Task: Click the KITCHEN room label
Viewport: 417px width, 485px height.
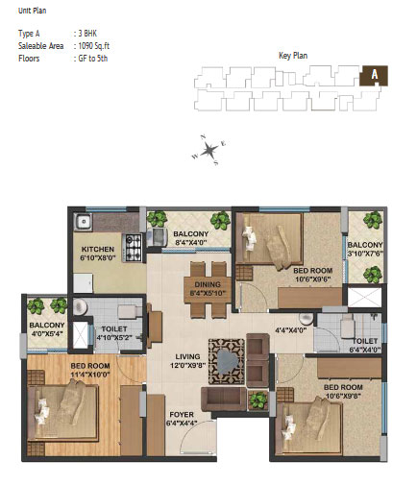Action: coord(98,249)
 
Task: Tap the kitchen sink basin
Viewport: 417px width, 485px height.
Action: coord(84,222)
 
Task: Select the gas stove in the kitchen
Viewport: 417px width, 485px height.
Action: coord(133,248)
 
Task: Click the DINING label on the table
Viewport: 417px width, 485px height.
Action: coord(208,284)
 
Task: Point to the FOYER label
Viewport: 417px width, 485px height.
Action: coord(182,415)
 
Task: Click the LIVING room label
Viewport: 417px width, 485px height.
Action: coord(187,356)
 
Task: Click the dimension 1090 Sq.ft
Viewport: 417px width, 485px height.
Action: coord(94,46)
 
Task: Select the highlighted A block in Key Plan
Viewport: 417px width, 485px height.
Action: coord(374,76)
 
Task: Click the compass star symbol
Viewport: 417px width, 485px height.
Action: coord(208,150)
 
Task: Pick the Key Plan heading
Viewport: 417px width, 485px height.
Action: coord(293,56)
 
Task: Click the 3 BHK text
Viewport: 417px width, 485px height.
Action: coord(87,34)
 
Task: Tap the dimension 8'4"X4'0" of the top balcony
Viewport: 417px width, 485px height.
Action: coord(191,242)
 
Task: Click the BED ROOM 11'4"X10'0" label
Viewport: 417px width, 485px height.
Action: coord(90,370)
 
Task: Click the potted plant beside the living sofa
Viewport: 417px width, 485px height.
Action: coord(258,400)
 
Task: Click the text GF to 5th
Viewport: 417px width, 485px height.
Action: coord(93,59)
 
